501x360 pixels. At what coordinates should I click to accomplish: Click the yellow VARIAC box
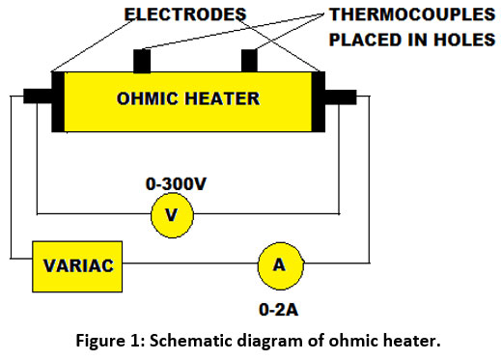coord(79,263)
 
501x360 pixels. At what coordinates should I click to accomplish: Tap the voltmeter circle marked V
coord(173,214)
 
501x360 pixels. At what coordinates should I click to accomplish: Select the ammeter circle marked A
coord(279,263)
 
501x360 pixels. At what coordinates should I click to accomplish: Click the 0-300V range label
coord(174,180)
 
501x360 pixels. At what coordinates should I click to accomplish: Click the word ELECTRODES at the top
coord(186,14)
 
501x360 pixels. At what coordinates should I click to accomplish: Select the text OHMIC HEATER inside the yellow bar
coord(187,98)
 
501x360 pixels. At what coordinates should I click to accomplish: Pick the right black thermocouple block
coord(251,60)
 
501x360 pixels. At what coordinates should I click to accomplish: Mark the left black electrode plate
coord(59,100)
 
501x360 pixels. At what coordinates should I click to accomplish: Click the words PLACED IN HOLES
coord(411,40)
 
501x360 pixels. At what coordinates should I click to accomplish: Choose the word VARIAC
coord(79,263)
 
